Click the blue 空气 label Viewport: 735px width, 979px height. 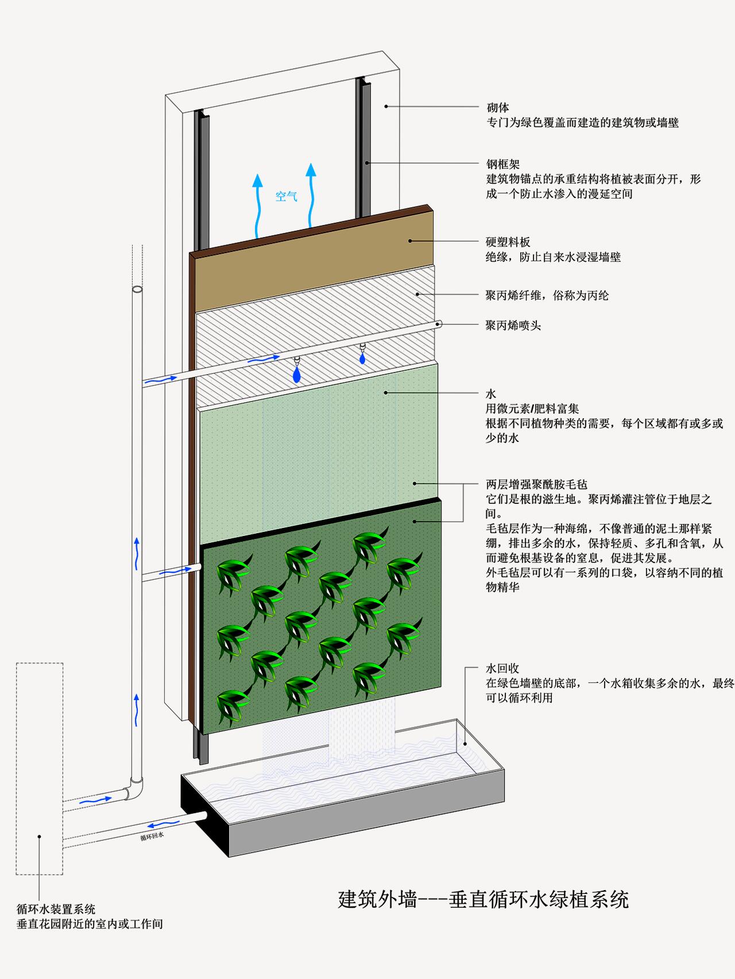pyautogui.click(x=287, y=196)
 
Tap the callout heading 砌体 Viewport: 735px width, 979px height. pyautogui.click(x=498, y=107)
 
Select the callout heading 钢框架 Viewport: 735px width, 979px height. pyautogui.click(x=503, y=165)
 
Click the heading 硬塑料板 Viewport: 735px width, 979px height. pyautogui.click(x=508, y=242)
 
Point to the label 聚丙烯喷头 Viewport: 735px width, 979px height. pyautogui.click(x=513, y=325)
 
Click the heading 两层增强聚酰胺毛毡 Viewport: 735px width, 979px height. pyautogui.click(x=537, y=484)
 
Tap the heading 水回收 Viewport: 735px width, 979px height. pyautogui.click(x=502, y=669)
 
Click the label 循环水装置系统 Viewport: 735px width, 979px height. pyautogui.click(x=56, y=909)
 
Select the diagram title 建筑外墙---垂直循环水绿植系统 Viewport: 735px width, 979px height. pyautogui.click(x=483, y=899)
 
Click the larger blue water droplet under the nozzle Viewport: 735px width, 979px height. pyautogui.click(x=296, y=375)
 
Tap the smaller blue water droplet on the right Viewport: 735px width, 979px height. pyautogui.click(x=362, y=358)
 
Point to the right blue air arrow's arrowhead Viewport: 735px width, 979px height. pyautogui.click(x=311, y=170)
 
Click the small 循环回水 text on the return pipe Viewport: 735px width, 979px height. pyautogui.click(x=152, y=836)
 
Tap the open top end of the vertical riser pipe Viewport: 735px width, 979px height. pyautogui.click(x=137, y=290)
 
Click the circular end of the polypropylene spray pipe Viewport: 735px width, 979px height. pyautogui.click(x=439, y=324)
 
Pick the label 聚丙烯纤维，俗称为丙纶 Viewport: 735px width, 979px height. pyautogui.click(x=547, y=296)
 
